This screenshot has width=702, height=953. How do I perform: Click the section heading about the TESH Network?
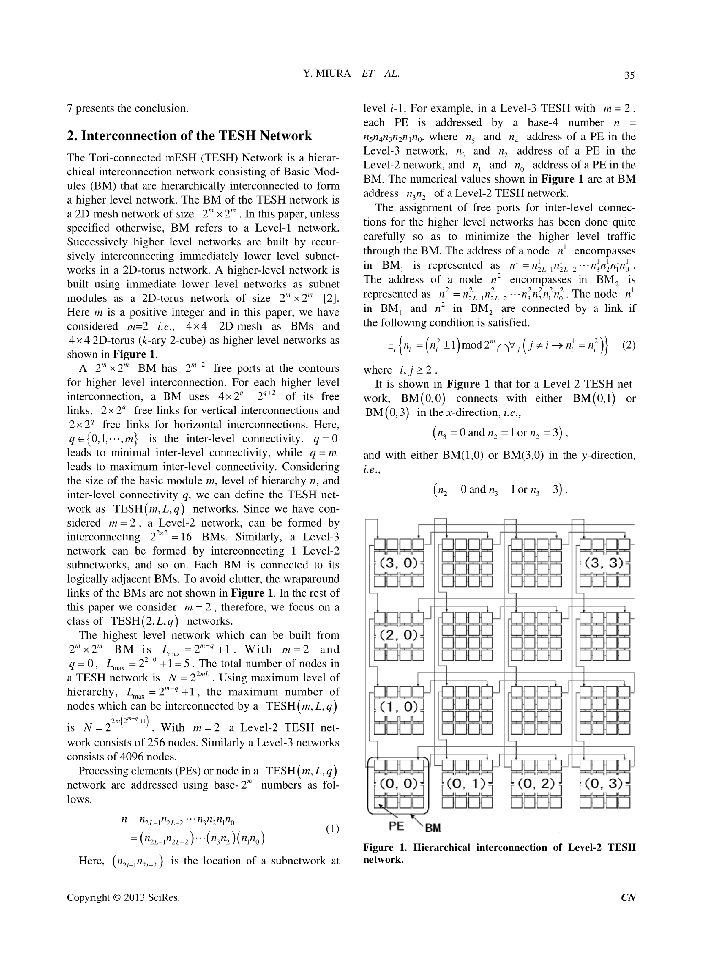tap(190, 136)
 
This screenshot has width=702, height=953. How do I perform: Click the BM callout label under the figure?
tap(433, 827)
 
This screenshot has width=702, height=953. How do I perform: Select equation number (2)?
tap(629, 345)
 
